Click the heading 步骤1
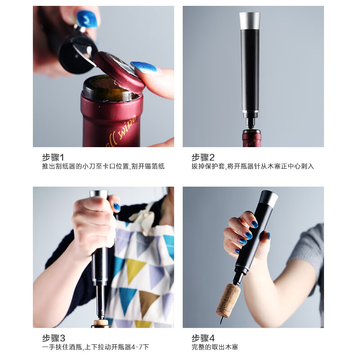(x=53, y=157)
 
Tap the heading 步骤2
(x=203, y=157)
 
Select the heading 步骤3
(x=54, y=338)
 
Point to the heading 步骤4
(x=203, y=338)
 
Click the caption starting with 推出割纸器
(x=103, y=166)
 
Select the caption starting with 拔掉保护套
(x=252, y=166)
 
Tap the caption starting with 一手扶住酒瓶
(x=95, y=347)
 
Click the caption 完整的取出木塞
(x=215, y=347)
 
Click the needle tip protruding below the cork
(x=221, y=321)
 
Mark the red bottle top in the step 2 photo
(x=252, y=139)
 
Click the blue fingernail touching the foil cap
(x=144, y=67)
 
